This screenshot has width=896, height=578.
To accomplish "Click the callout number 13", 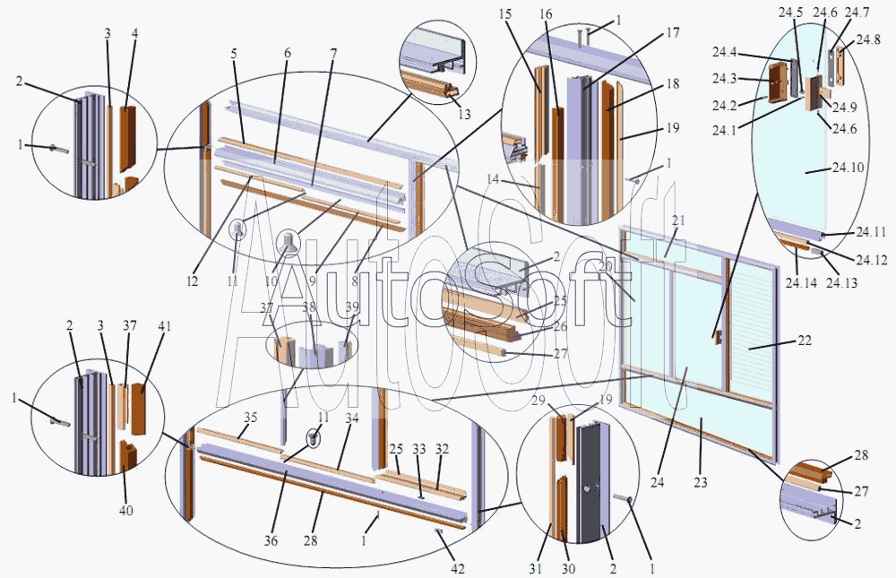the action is [464, 114].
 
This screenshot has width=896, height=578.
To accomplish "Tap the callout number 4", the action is [135, 33].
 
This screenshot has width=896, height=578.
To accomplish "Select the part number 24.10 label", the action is [848, 168].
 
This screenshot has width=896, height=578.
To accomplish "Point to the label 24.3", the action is [724, 79].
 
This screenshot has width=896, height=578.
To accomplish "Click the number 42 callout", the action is [458, 568].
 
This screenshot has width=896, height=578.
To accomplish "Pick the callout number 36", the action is [271, 539].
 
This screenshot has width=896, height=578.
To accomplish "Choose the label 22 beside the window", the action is [805, 341].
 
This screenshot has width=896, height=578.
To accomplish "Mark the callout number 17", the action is [673, 32].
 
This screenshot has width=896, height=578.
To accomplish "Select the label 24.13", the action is [841, 282].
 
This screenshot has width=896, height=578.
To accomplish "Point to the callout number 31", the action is [535, 568].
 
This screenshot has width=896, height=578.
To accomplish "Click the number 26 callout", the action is [561, 326].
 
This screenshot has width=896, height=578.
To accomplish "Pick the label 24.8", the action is [868, 39].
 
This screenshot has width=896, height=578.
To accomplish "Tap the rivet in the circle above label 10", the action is [289, 242].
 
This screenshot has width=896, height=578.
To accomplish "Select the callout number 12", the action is [192, 280].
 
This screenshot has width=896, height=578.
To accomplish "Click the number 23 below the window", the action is [701, 482].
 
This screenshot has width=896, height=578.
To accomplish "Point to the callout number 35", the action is [250, 417].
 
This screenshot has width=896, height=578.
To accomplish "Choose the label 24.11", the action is [871, 231].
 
